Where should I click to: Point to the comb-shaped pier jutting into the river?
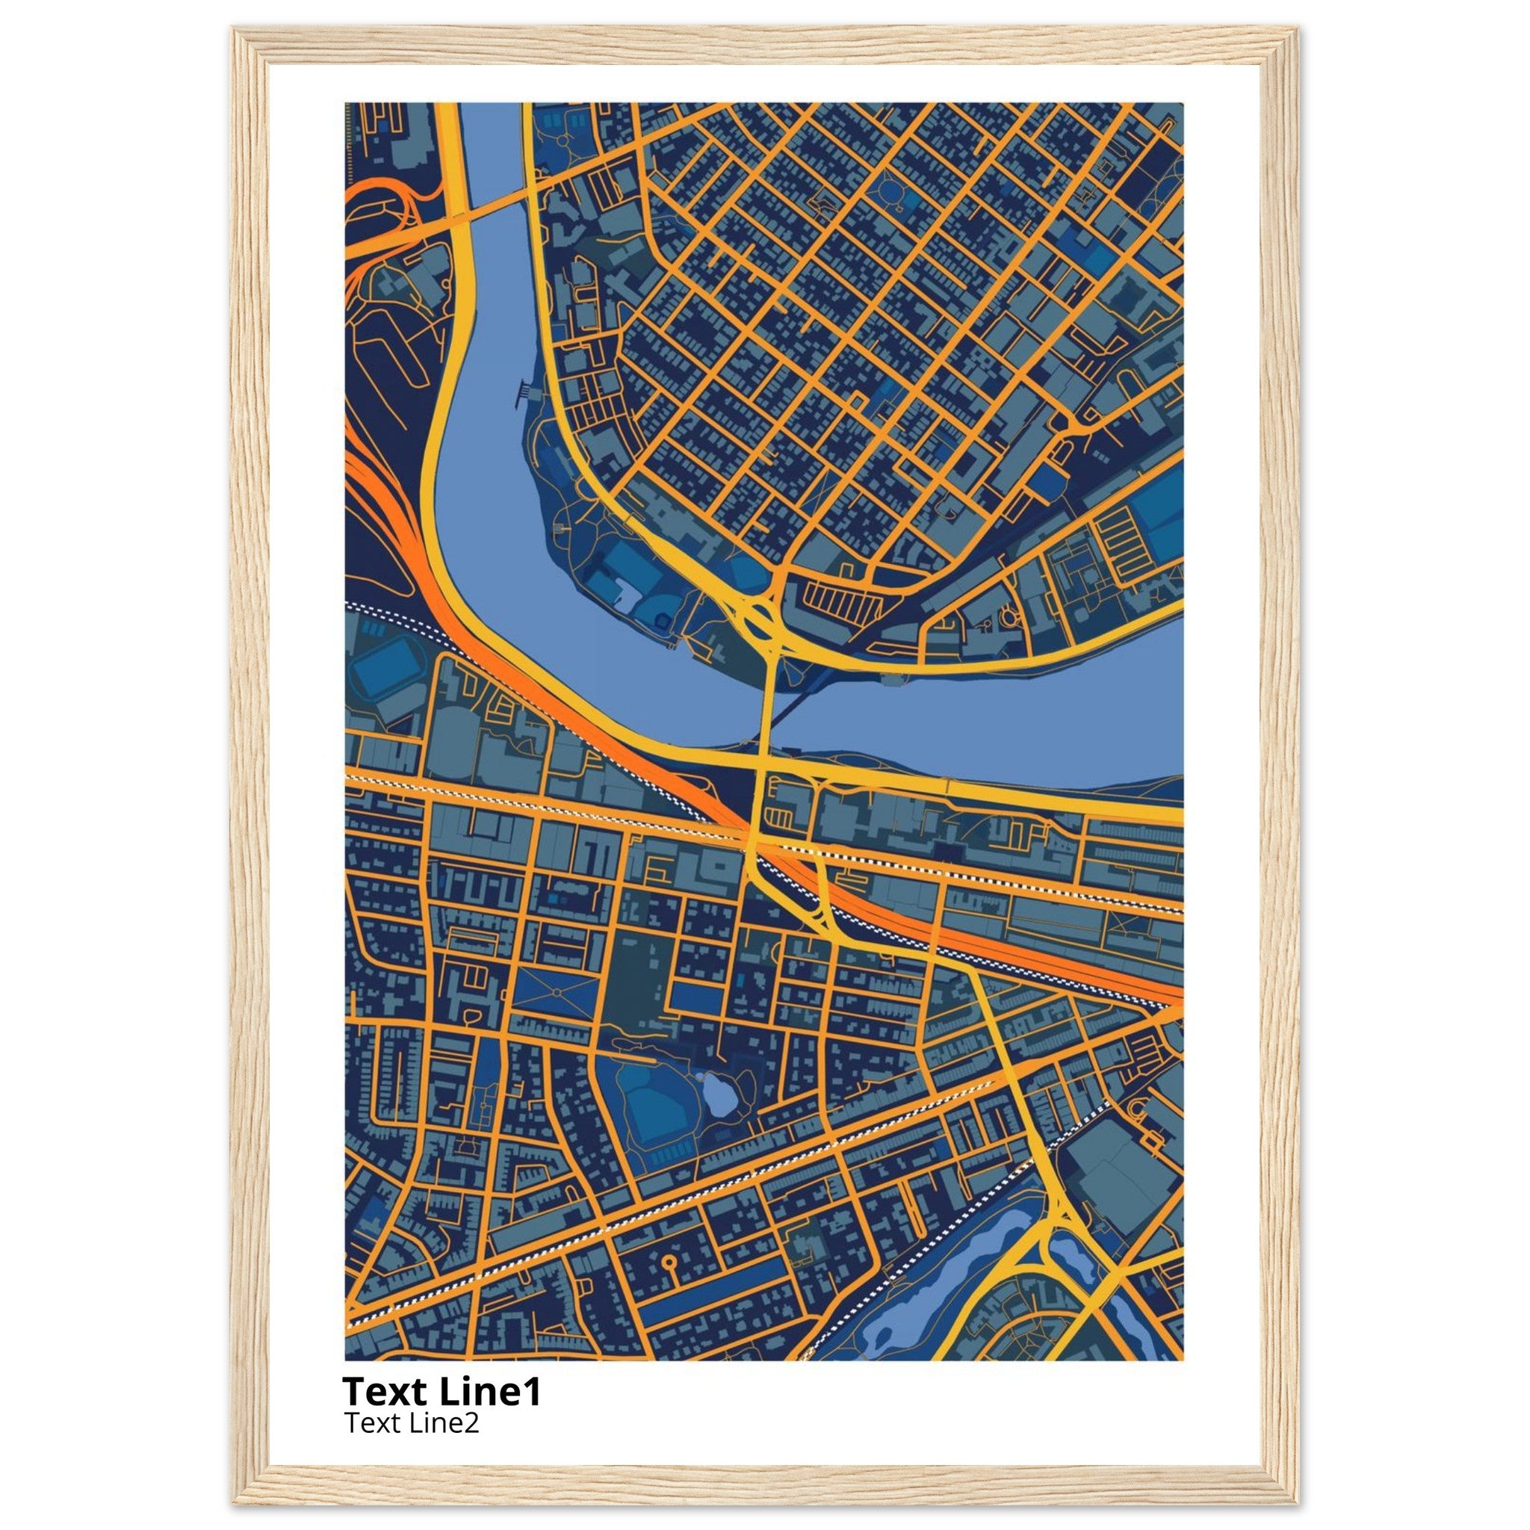525,390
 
